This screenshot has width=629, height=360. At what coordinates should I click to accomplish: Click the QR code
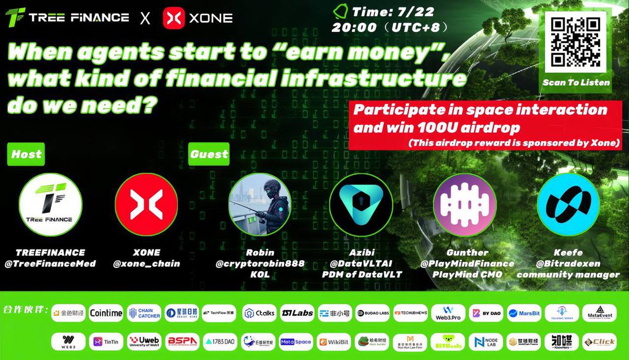576,41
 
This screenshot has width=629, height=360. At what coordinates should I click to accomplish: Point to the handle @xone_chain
146,264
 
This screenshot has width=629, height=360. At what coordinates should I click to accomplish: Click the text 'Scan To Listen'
576,82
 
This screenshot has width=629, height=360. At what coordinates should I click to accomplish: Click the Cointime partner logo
106,313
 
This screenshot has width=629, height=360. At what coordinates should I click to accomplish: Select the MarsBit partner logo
529,313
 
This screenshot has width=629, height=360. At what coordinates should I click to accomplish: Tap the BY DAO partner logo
485,313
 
